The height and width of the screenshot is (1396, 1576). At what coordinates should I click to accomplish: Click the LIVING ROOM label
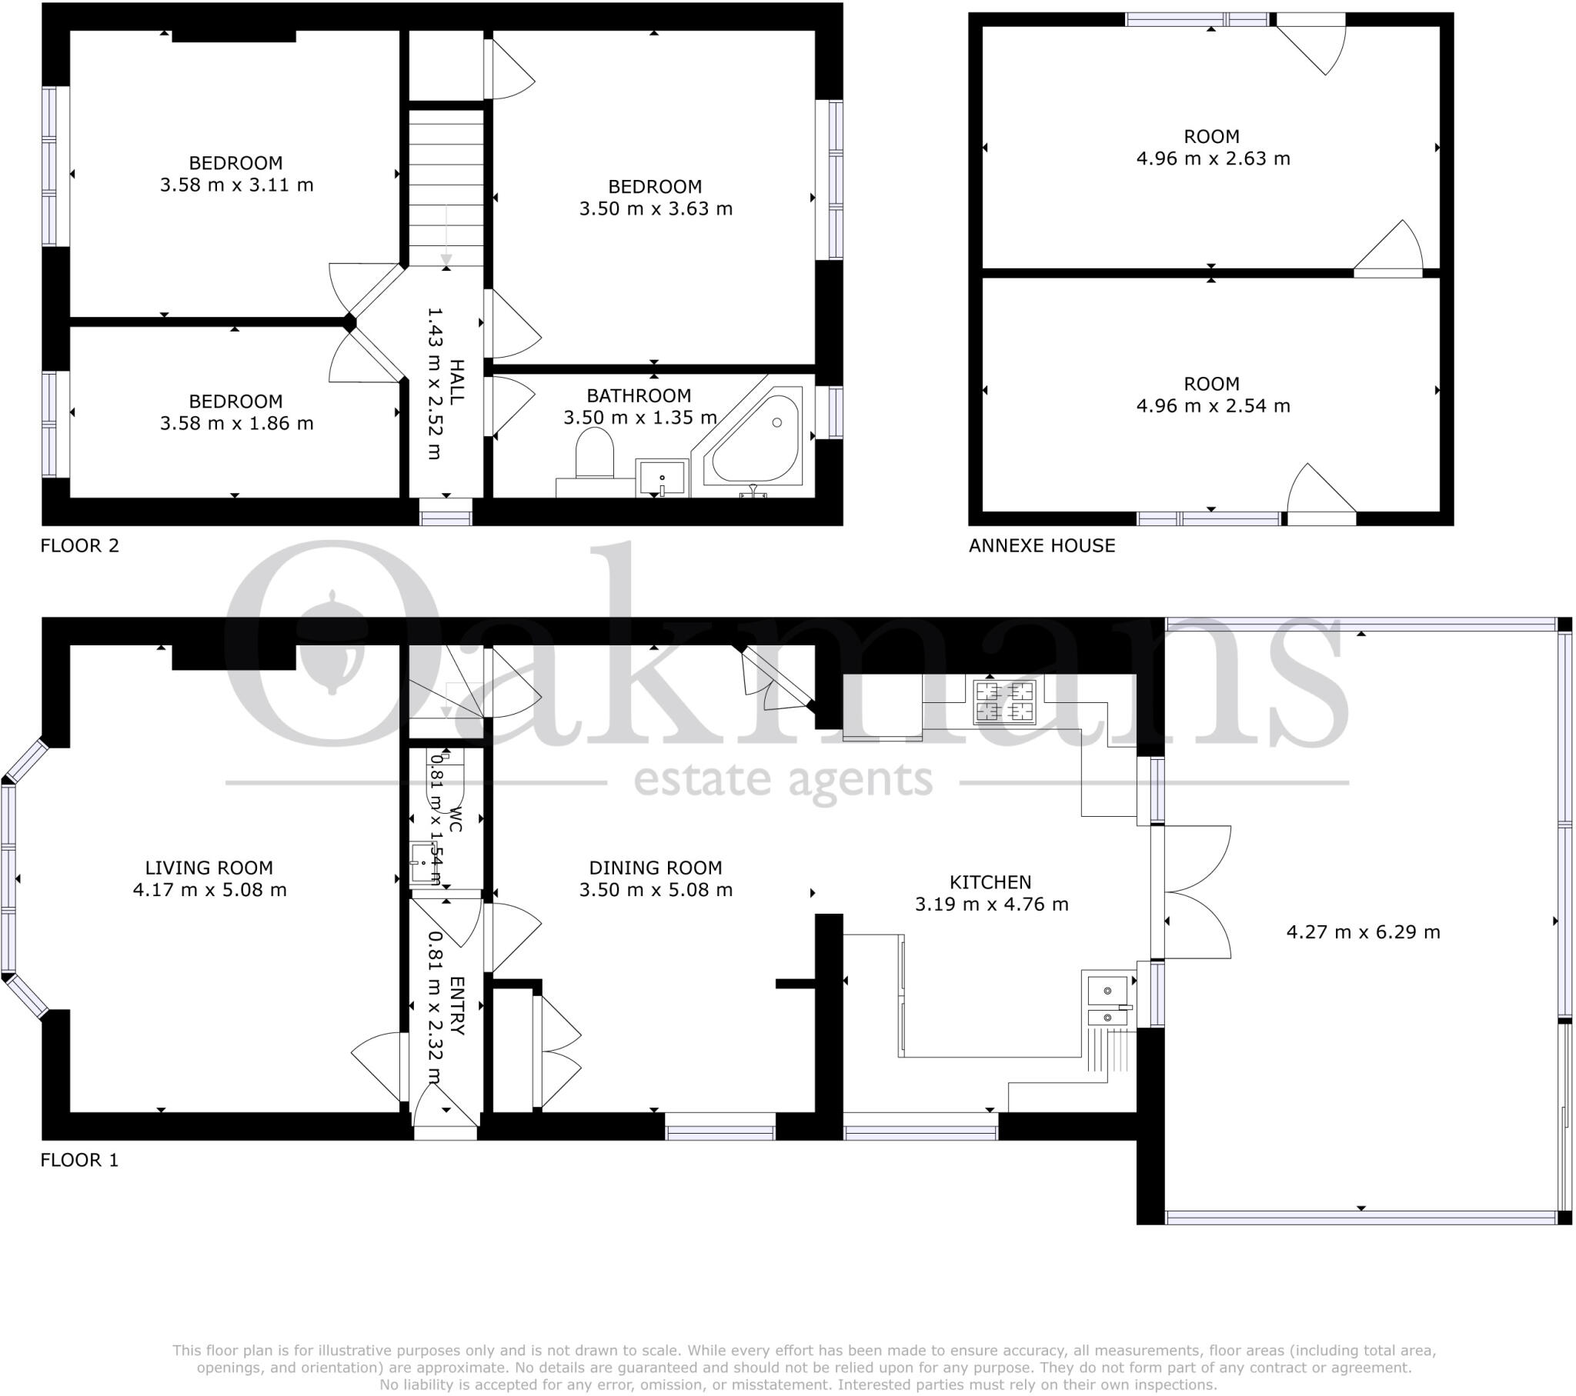209,868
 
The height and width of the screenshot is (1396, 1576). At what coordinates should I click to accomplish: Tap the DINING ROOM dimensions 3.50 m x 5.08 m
656,891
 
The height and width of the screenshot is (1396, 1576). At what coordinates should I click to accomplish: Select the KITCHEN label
990,882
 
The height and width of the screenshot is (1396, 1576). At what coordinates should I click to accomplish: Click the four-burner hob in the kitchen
1003,701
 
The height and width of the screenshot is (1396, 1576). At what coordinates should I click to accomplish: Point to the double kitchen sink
1108,1003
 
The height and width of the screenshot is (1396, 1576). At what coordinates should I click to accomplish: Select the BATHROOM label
639,396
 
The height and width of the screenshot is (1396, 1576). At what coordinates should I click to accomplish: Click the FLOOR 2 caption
79,546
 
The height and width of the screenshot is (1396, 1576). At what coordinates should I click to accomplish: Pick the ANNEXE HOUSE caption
1042,546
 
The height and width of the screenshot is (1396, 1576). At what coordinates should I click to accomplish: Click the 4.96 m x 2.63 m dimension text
1212,158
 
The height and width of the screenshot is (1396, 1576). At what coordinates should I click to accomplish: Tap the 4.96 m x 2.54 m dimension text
1212,406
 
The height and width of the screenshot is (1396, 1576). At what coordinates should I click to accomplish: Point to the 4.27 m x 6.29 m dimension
1362,932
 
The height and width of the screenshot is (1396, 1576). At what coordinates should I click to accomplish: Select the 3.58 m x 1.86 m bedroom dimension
236,423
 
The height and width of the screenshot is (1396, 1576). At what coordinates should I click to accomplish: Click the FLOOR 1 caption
79,1160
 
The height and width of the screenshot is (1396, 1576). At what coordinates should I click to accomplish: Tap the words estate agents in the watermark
783,780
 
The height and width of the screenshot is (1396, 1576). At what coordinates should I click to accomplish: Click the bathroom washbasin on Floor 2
662,477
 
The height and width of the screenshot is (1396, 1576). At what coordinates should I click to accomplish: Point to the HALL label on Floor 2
456,381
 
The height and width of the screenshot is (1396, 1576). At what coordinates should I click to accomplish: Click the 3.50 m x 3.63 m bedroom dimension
656,209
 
